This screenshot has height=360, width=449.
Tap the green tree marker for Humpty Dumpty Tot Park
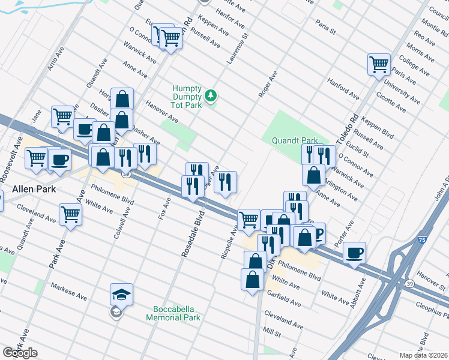click(210, 95)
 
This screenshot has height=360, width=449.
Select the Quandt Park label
click(294, 140)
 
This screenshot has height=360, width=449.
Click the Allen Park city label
click(34, 189)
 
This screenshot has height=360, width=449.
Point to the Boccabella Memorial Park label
click(173, 313)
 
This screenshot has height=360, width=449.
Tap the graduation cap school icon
click(121, 295)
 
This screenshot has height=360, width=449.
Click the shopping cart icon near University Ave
click(379, 64)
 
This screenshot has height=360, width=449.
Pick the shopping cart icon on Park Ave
click(71, 214)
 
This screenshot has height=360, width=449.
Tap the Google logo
click(20, 353)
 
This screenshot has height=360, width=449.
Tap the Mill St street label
click(273, 332)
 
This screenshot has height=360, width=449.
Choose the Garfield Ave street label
click(286, 300)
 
